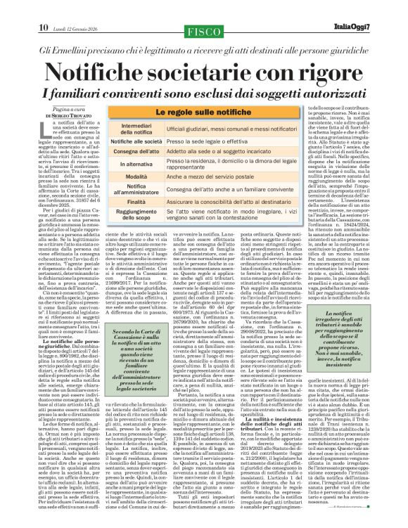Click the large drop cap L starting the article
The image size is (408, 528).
(x=40, y=129)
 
